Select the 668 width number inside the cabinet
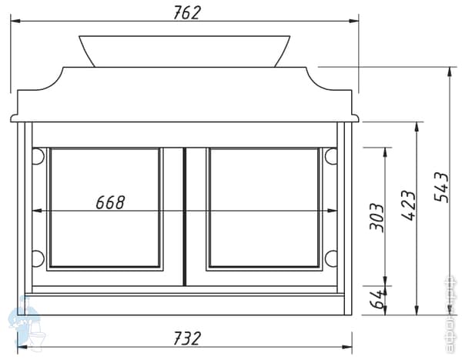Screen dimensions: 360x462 tap(110, 202)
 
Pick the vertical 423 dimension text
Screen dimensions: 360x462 tap(408, 206)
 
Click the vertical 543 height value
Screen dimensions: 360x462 tap(441, 187)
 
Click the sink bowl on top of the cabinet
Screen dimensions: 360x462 tap(185, 49)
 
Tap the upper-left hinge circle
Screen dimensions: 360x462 tap(37, 156)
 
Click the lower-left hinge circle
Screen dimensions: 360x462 tap(37, 258)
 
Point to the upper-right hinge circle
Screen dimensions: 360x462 tap(331, 156)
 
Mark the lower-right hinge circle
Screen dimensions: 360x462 tap(331, 258)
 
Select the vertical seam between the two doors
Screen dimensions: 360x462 tap(185, 215)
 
